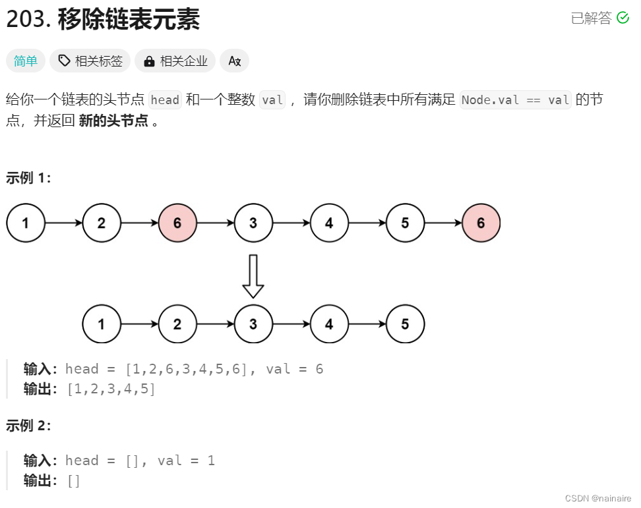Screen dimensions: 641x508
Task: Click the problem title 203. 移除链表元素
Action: click(102, 20)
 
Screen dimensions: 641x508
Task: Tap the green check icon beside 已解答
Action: click(623, 18)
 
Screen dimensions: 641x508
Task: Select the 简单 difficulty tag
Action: click(26, 61)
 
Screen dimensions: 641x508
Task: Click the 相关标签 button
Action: click(90, 61)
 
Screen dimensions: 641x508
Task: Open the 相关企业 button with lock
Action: click(175, 61)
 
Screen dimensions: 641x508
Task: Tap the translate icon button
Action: click(234, 61)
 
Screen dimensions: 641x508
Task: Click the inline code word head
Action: click(165, 100)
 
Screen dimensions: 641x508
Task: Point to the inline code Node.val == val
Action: click(516, 100)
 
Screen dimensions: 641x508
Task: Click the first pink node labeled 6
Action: click(177, 223)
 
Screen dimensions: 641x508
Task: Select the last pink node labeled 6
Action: click(481, 223)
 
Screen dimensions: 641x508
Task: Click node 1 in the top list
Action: click(26, 223)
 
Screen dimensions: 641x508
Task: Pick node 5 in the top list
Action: click(405, 223)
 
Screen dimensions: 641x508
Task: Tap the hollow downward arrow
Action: click(253, 276)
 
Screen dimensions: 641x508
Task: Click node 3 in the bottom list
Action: click(253, 324)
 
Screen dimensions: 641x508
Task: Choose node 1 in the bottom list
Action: click(102, 324)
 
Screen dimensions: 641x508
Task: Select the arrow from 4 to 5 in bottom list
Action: click(367, 324)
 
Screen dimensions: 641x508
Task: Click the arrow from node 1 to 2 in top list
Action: click(63, 223)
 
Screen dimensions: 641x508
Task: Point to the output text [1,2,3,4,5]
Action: click(111, 389)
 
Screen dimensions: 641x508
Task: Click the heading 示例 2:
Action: click(28, 426)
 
